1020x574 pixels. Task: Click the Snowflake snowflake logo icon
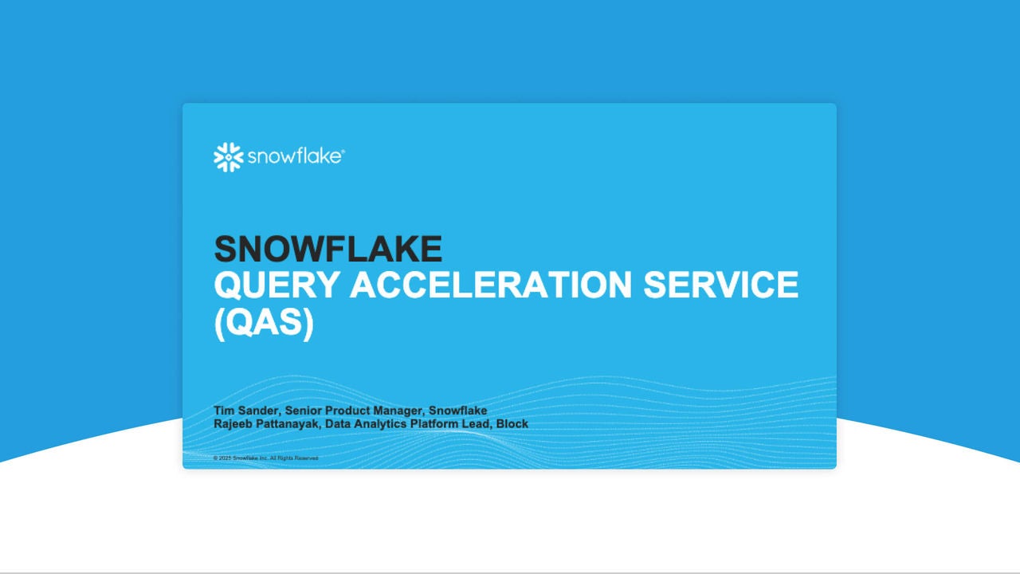click(228, 157)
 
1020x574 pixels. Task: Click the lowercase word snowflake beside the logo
click(294, 157)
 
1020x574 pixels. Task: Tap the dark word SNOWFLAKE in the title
click(328, 249)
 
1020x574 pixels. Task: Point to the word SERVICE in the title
click(720, 285)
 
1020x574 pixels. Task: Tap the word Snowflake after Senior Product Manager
click(457, 411)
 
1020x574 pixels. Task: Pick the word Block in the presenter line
click(512, 423)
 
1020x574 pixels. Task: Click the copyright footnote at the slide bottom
click(266, 458)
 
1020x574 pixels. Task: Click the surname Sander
click(257, 411)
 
